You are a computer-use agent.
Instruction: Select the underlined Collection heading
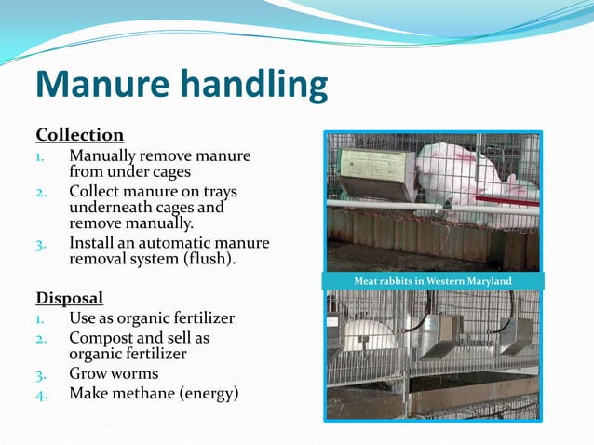(79, 135)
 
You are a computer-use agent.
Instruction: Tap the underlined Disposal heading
(69, 299)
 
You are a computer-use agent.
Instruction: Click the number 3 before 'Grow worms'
(40, 374)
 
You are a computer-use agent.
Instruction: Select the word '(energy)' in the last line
(210, 394)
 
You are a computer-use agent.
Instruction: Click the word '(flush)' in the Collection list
(207, 260)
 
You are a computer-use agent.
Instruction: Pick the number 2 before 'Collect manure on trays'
(41, 193)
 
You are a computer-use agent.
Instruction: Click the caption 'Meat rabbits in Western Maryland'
(432, 281)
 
